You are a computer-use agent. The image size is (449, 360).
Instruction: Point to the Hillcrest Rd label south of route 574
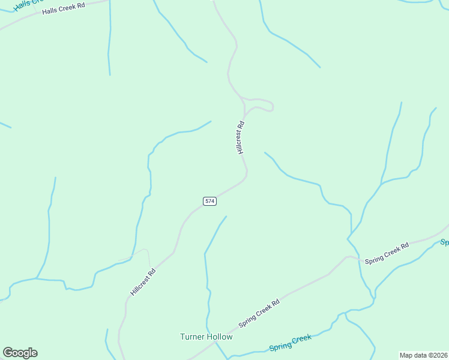[143, 281]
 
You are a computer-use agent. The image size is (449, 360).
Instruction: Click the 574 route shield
[209, 201]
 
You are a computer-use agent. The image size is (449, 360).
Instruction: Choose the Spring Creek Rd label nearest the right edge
[387, 253]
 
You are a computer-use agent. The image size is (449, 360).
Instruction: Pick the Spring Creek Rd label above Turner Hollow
[259, 313]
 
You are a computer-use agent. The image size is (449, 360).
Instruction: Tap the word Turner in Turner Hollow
[193, 337]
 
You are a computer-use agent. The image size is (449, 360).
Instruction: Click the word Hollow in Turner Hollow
[220, 337]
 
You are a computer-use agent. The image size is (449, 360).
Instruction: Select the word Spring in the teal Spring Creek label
[279, 346]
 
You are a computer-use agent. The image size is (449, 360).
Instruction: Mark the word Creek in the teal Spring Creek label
[302, 340]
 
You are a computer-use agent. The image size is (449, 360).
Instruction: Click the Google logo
[20, 353]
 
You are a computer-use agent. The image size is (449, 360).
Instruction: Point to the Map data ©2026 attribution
[424, 355]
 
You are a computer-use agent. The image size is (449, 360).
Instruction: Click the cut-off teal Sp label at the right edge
[445, 242]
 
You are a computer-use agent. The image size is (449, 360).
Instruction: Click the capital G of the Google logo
[8, 353]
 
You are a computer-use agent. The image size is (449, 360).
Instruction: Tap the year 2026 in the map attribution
[440, 355]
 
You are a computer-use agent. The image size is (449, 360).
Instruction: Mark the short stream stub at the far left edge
[5, 125]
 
